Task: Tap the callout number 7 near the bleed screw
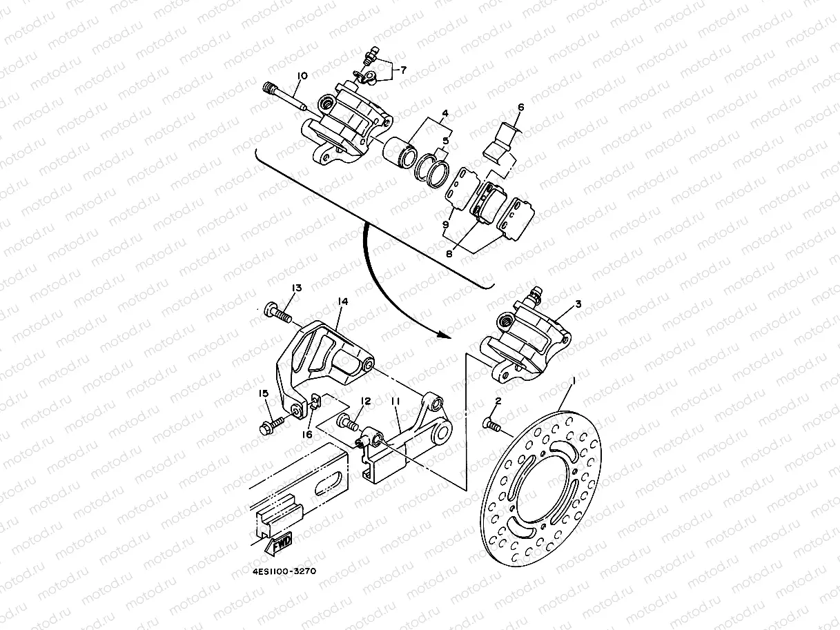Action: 403,70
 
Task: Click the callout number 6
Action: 520,107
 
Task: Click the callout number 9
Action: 446,225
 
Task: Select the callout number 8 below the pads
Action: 449,253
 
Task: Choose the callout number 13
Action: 297,288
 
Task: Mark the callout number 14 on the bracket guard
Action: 342,302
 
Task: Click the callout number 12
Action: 366,401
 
